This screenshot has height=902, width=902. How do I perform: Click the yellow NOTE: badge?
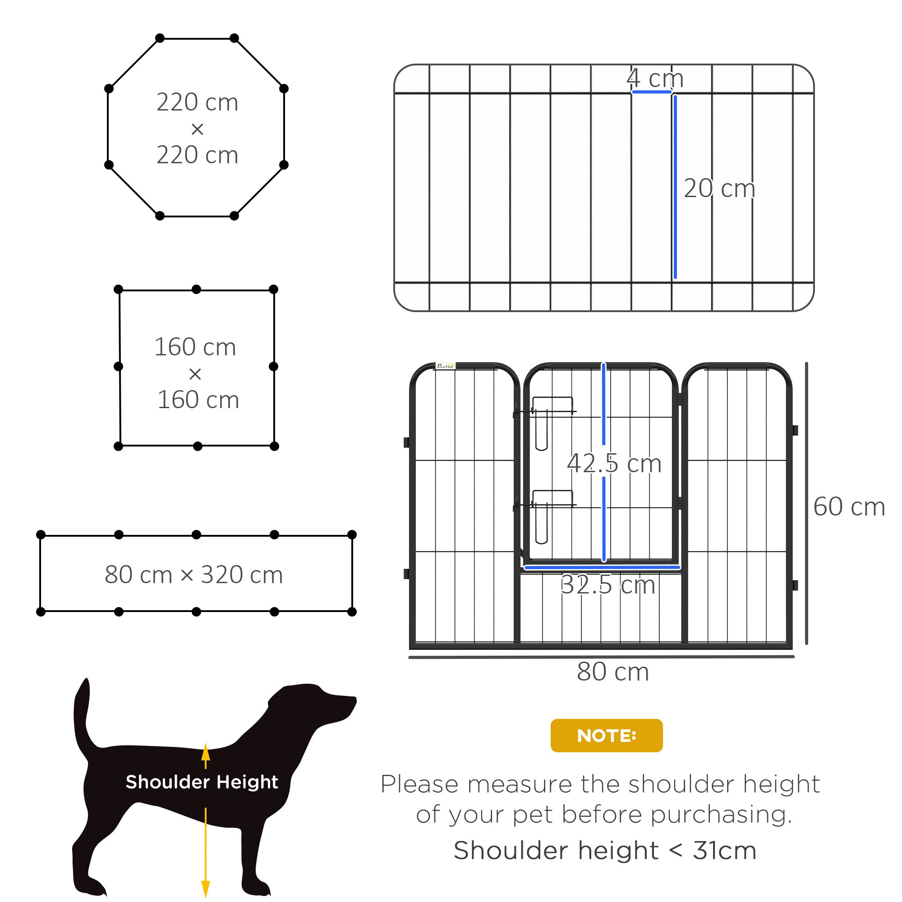[x=606, y=735]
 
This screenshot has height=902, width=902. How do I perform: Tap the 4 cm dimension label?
[x=654, y=78]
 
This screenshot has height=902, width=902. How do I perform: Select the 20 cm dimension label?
[x=719, y=189]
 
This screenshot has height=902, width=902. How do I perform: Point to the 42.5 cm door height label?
[x=614, y=464]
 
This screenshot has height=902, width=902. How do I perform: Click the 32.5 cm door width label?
[x=607, y=585]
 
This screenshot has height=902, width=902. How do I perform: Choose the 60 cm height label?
[x=849, y=506]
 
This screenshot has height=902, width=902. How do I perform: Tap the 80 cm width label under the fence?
[x=612, y=672]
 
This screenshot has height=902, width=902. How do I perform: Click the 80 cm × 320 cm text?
[x=194, y=575]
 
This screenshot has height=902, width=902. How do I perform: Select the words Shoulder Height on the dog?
[x=202, y=782]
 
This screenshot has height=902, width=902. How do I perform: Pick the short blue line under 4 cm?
[x=651, y=92]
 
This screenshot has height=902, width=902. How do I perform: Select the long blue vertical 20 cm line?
[x=675, y=187]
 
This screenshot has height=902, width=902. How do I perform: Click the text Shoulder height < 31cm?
[x=605, y=850]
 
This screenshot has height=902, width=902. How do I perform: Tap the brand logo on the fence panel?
[x=445, y=366]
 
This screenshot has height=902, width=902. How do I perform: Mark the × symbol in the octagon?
[x=198, y=129]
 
